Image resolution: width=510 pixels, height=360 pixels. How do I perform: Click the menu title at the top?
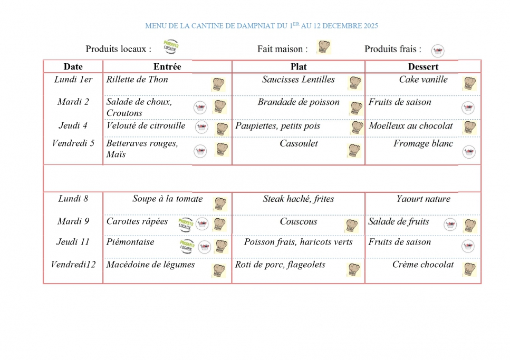pos(262,25)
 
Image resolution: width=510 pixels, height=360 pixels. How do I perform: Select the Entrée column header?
pos(167,66)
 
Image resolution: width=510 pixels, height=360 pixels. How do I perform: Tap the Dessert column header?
pos(423,66)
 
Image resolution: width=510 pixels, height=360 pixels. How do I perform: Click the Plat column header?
pos(299,66)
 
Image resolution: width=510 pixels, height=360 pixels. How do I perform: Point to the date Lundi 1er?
pos(73,80)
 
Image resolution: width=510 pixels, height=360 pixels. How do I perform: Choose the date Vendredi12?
pos(73,265)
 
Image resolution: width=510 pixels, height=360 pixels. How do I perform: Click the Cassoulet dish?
pos(299,143)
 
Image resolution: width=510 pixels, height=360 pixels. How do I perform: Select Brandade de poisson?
pos(299,102)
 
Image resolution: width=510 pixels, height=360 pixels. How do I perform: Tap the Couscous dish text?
pos(299,222)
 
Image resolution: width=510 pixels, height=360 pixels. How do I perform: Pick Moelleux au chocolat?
pos(411,126)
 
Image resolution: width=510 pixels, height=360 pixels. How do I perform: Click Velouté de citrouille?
pos(146,126)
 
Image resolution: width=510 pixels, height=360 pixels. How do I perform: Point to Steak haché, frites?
pos(299,199)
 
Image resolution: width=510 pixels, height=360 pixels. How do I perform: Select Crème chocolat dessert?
pos(423,265)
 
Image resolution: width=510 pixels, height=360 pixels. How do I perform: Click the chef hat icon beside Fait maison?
pos(323,47)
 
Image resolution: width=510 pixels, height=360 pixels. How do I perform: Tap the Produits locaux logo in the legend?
pos(171,47)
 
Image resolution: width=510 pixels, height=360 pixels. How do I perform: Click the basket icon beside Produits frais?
pos(437,51)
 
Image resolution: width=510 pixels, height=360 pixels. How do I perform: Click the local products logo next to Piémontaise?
pos(186,246)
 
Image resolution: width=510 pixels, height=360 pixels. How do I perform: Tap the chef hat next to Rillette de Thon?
pos(218,84)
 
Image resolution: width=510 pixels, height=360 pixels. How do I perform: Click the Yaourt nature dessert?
pos(423,199)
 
